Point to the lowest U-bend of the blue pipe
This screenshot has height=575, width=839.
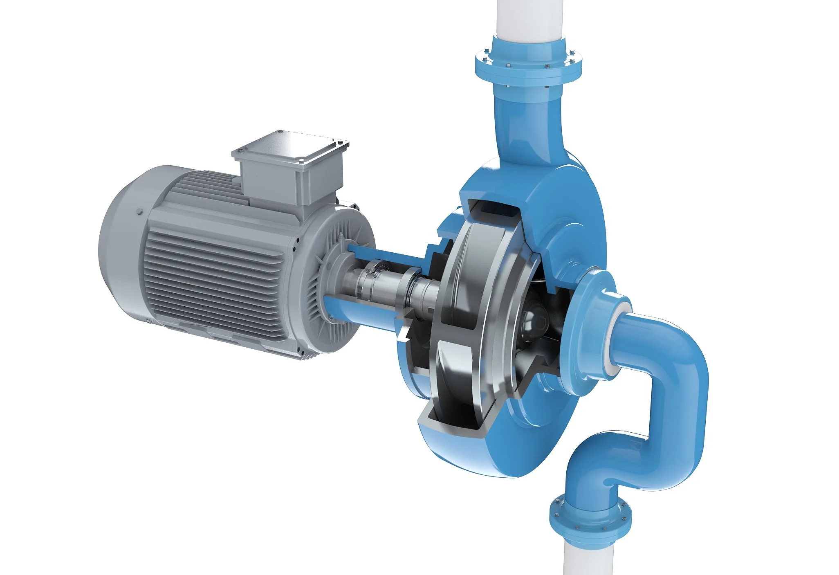tap(593, 462)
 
